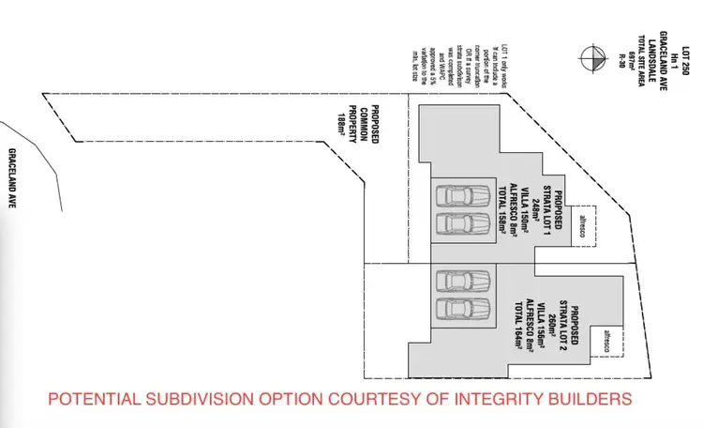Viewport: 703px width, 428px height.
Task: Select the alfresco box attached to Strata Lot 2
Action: pyautogui.click(x=610, y=343)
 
